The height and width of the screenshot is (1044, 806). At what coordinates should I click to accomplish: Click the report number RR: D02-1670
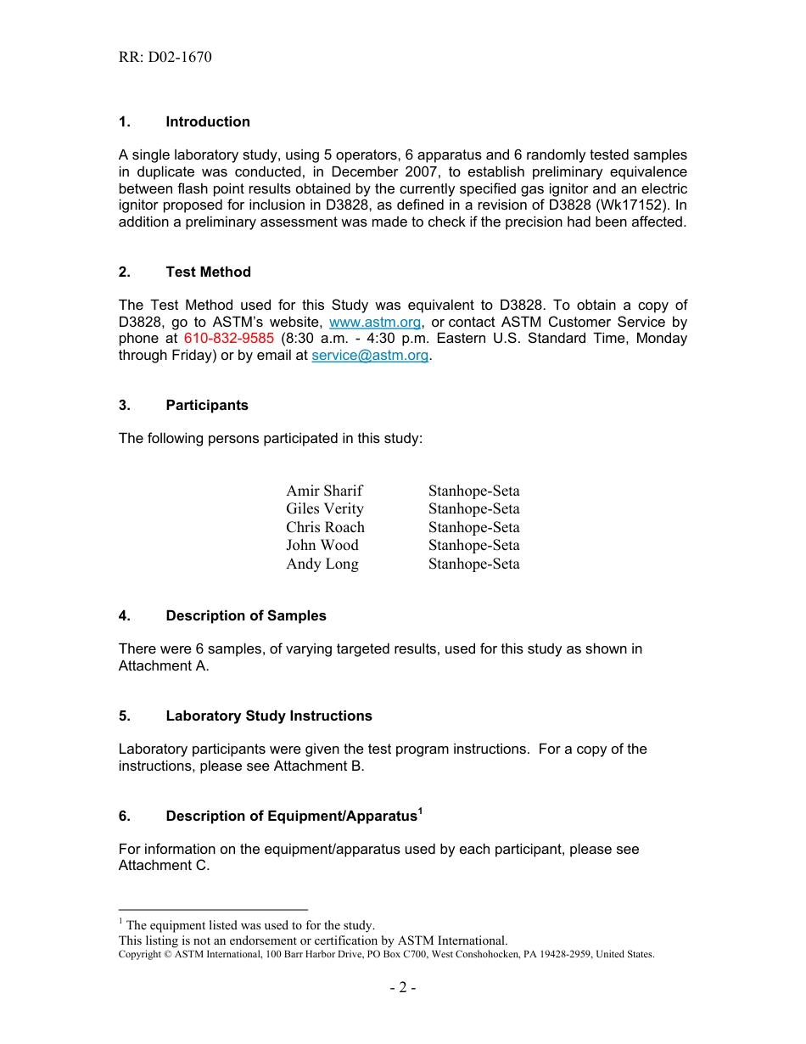point(165,58)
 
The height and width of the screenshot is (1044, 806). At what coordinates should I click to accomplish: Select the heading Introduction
point(208,122)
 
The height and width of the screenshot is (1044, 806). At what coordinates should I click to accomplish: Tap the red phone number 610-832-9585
point(228,339)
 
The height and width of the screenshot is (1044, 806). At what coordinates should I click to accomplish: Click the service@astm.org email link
point(370,356)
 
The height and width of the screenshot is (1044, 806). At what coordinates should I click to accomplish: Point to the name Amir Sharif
point(324,491)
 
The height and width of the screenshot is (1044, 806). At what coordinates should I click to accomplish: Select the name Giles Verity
point(325,509)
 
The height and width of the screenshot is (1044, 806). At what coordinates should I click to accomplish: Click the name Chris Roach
point(325,527)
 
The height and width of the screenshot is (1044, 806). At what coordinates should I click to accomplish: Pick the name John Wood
point(322,546)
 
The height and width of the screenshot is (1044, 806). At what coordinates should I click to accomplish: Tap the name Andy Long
point(322,564)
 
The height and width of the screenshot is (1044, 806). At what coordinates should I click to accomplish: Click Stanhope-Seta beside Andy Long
point(473,564)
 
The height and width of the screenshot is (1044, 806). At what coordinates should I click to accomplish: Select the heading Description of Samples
point(246,616)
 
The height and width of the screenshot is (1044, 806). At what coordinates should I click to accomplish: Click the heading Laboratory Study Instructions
point(269,716)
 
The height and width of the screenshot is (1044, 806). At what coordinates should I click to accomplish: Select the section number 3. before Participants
point(125,406)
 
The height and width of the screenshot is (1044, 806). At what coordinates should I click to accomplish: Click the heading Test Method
point(209,272)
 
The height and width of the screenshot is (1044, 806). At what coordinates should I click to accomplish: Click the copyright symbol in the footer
point(166,955)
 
